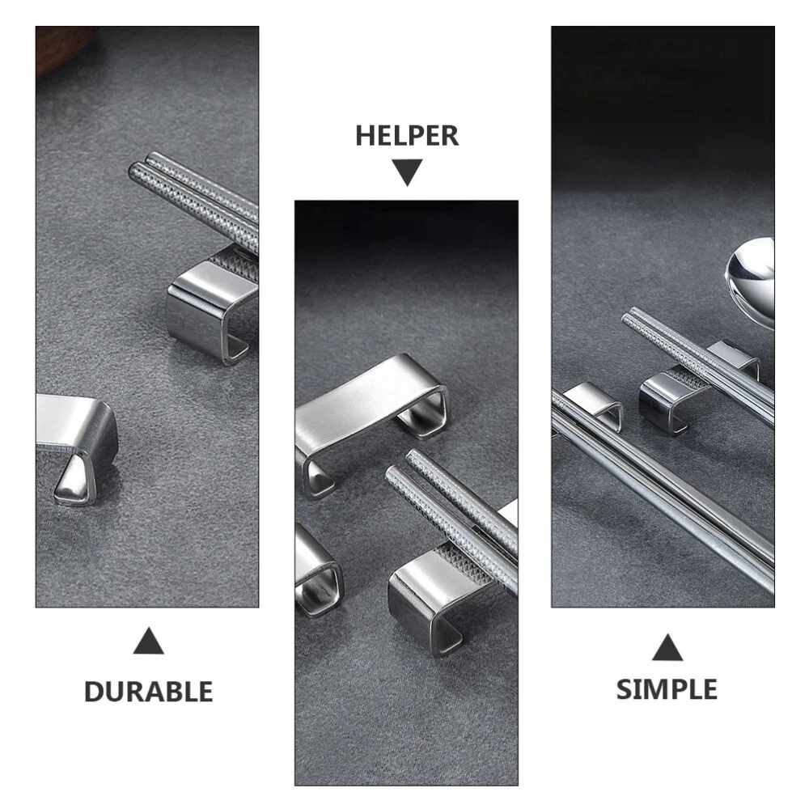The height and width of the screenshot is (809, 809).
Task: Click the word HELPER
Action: coord(407,136)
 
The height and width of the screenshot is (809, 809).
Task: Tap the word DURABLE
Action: coord(149,692)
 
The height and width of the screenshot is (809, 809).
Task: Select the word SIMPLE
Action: coord(667,689)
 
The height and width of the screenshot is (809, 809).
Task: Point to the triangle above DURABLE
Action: coord(149,641)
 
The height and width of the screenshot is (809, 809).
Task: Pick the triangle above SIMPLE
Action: coord(667,647)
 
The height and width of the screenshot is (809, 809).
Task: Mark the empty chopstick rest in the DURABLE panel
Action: coord(78,438)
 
